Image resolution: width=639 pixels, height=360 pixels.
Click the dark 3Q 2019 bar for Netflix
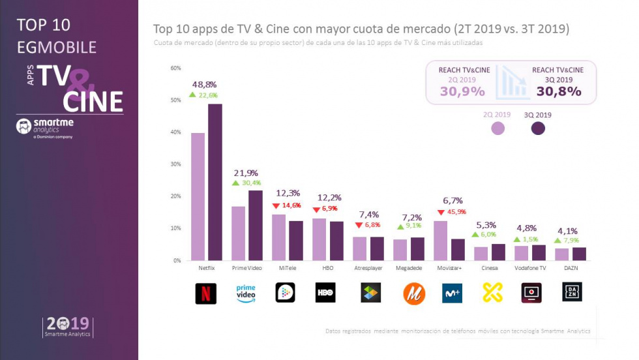[x=215, y=182]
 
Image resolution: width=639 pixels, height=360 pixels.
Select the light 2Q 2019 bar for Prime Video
[x=239, y=233]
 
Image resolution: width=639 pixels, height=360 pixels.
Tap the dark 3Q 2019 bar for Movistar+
[x=458, y=249]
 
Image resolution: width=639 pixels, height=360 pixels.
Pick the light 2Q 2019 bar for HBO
[x=319, y=239]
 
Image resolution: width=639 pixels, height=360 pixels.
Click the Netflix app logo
[x=206, y=293]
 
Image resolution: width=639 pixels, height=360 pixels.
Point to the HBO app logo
[x=325, y=293]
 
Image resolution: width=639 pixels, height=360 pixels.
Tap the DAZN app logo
[x=572, y=292]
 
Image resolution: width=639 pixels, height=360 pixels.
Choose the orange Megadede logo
[x=413, y=293]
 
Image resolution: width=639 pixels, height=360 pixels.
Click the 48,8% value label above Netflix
[x=204, y=85]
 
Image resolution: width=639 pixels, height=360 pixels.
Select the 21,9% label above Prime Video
[x=246, y=173]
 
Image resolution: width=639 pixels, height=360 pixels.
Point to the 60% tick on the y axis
[x=175, y=68]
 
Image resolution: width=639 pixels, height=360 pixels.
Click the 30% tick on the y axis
[x=175, y=164]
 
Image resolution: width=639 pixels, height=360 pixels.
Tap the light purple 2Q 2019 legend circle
[x=498, y=128]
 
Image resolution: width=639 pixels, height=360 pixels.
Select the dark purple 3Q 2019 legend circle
[x=538, y=128]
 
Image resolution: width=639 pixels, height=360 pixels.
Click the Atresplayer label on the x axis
[x=370, y=268]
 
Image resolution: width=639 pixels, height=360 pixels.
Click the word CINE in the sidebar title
[x=93, y=102]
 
